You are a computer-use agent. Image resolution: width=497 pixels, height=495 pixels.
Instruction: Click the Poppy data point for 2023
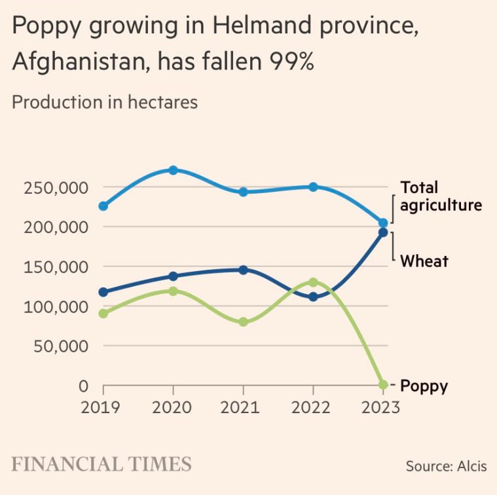click(383, 384)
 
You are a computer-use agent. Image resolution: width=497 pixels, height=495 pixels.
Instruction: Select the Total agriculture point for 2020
click(173, 170)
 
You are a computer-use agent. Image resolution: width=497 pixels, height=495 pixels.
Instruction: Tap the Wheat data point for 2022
click(313, 297)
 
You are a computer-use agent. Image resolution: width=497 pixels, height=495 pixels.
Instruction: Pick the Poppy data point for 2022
click(313, 282)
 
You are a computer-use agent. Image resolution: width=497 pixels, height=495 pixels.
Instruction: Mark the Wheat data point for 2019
click(103, 292)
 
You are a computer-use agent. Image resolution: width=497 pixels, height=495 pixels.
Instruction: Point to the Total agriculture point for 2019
click(103, 206)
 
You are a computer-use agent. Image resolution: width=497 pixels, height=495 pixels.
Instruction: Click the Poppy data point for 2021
click(243, 322)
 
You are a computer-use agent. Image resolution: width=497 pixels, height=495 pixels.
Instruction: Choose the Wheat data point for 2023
click(383, 232)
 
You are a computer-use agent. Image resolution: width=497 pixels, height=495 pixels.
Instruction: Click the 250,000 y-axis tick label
click(56, 188)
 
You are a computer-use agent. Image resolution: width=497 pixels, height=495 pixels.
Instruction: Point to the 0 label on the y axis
click(83, 386)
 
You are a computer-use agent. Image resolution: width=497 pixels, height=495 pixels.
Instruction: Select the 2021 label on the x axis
click(243, 407)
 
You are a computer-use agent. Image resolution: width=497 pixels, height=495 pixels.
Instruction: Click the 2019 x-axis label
click(100, 407)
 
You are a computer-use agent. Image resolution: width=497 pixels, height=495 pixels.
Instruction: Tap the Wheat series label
click(424, 261)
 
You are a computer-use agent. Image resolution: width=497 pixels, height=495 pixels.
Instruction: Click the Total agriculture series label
click(441, 196)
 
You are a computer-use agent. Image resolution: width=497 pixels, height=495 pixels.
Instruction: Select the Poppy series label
click(424, 386)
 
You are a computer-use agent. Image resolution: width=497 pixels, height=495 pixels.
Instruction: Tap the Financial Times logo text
click(101, 464)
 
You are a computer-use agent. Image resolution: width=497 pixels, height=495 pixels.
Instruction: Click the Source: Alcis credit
click(446, 466)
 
